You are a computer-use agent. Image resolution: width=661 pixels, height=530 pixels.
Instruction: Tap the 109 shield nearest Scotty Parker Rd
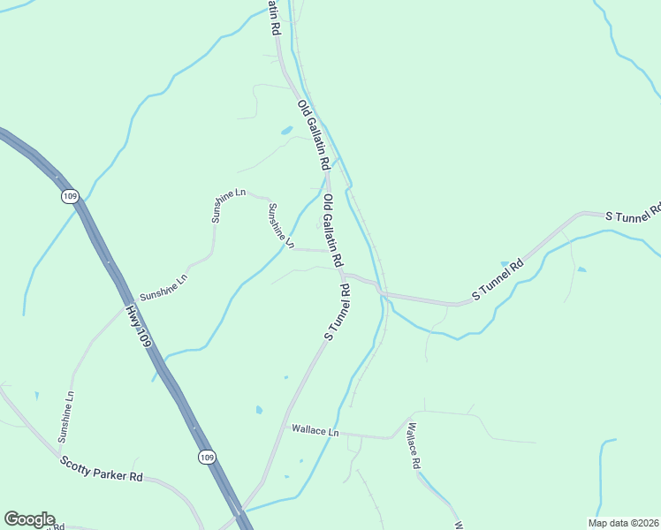pos(205,457)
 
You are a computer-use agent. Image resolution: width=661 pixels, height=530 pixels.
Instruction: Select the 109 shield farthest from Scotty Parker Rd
pos(70,196)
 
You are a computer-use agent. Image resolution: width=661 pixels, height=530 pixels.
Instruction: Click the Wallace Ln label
pos(315,431)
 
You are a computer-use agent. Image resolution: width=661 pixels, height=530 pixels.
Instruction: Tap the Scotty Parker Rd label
pos(102,469)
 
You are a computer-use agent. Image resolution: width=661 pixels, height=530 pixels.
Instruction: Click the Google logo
pos(29,519)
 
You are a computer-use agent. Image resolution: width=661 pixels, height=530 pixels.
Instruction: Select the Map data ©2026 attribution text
pos(624,523)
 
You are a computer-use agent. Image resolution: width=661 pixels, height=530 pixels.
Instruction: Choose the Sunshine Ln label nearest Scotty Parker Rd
pos(66,417)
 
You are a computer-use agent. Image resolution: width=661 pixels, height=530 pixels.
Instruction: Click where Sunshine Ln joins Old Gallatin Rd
pos(333,251)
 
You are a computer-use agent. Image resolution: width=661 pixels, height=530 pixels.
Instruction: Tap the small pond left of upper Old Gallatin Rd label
pos(287,131)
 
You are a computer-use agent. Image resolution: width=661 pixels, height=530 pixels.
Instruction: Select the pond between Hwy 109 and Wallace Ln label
pos(258,410)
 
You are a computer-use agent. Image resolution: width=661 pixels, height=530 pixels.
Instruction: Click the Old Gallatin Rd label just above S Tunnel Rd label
pos(332,231)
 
